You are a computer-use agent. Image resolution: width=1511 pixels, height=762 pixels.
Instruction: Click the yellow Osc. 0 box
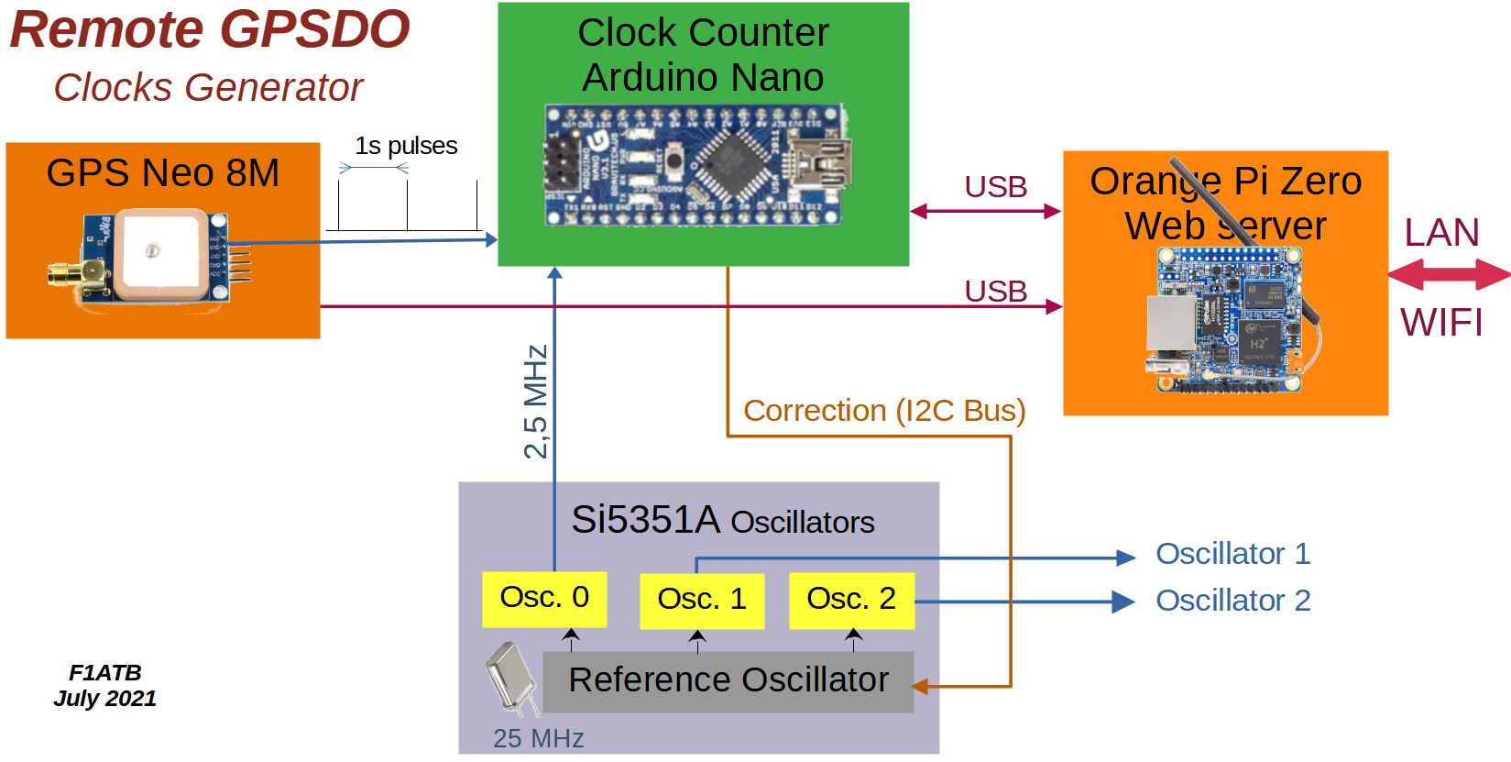tap(544, 599)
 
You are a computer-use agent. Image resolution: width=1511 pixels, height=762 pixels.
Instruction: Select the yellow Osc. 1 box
tap(702, 601)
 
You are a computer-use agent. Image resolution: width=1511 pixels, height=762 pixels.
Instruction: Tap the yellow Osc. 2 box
tap(851, 601)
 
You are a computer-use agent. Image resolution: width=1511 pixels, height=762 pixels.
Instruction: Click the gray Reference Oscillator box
tap(728, 681)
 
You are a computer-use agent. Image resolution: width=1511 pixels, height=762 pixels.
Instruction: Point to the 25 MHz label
tap(538, 739)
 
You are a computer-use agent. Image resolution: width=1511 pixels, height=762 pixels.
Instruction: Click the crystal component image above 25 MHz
tap(508, 679)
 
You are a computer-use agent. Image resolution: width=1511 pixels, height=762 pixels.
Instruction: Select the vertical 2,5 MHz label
tap(536, 401)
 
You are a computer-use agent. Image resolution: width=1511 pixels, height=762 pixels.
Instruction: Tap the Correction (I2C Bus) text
tap(884, 411)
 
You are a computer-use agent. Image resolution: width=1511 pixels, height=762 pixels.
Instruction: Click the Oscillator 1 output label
tap(1232, 554)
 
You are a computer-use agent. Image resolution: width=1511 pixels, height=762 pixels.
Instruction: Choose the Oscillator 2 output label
tap(1232, 601)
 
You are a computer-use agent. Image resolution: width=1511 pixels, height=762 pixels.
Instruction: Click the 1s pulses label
tap(406, 146)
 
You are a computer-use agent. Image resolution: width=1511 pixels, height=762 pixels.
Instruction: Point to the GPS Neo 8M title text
tap(163, 173)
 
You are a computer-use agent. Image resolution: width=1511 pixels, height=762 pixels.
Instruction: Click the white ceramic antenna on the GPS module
tap(157, 256)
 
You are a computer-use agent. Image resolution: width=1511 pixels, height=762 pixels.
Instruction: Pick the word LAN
tap(1442, 233)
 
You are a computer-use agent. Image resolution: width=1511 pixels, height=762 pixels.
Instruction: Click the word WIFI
tap(1441, 323)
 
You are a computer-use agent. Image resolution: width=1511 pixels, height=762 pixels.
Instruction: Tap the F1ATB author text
tap(104, 673)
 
